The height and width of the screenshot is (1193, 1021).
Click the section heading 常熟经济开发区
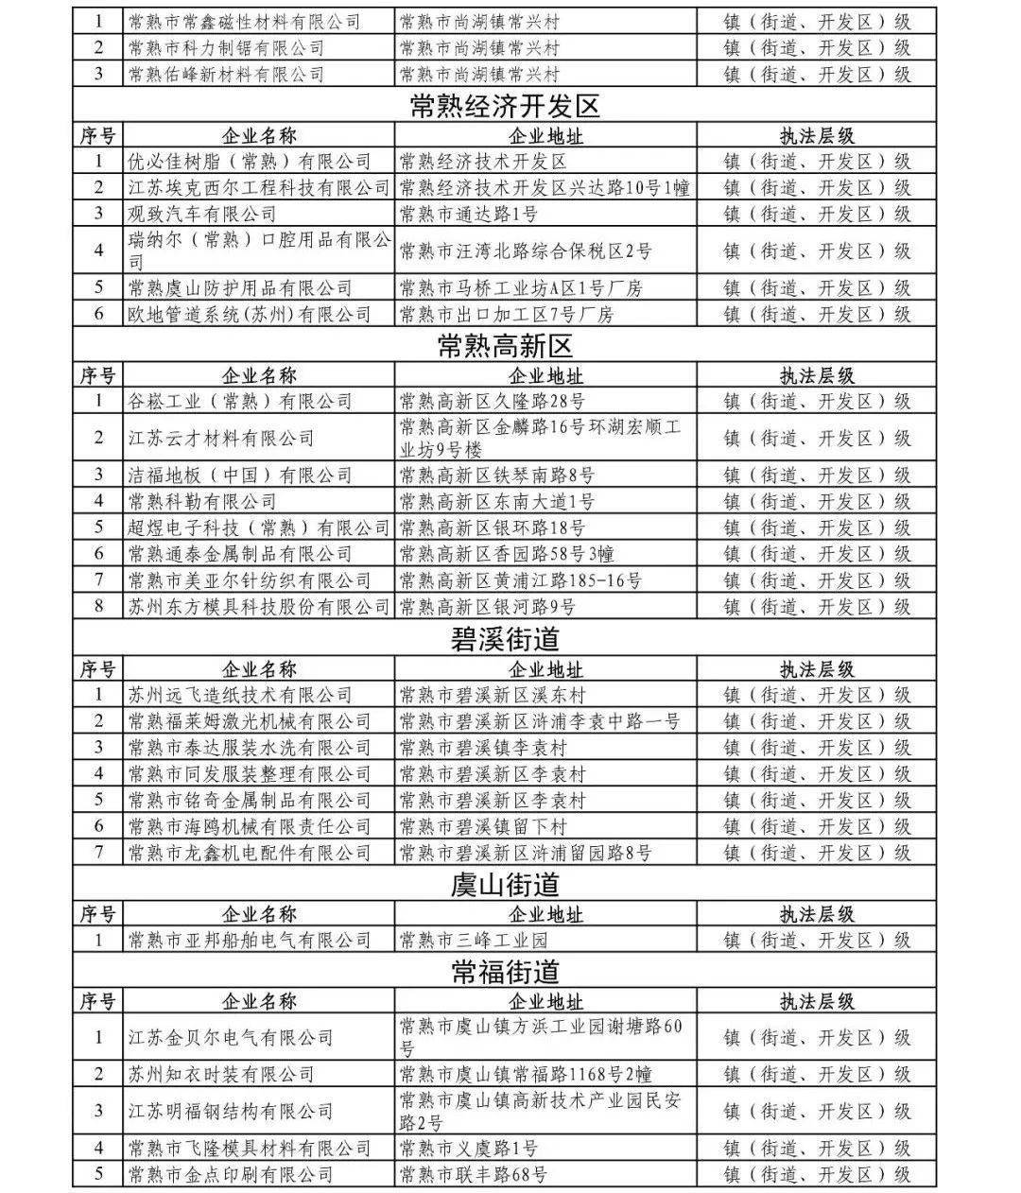tap(505, 107)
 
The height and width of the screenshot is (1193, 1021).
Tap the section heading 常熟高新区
tap(505, 347)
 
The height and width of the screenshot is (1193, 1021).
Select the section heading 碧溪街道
tap(505, 641)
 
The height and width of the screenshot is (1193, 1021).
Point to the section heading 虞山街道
tap(505, 886)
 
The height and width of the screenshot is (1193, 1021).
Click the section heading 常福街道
tap(505, 972)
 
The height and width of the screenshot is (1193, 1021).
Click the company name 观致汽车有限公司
tap(202, 215)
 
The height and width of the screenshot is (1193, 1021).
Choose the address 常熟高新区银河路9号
tap(488, 607)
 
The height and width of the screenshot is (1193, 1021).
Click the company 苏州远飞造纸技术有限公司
tap(240, 696)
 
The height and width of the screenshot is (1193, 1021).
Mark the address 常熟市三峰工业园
tap(474, 941)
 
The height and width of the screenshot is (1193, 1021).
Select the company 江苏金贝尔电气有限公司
tap(231, 1038)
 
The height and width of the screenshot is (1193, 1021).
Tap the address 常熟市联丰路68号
tap(474, 1175)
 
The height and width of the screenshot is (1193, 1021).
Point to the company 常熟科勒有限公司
tap(202, 501)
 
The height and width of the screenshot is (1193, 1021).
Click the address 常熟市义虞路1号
tap(469, 1149)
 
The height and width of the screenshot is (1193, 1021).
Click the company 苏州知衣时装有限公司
tap(221, 1075)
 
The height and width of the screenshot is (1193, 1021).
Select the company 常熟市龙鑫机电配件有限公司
tap(250, 853)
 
